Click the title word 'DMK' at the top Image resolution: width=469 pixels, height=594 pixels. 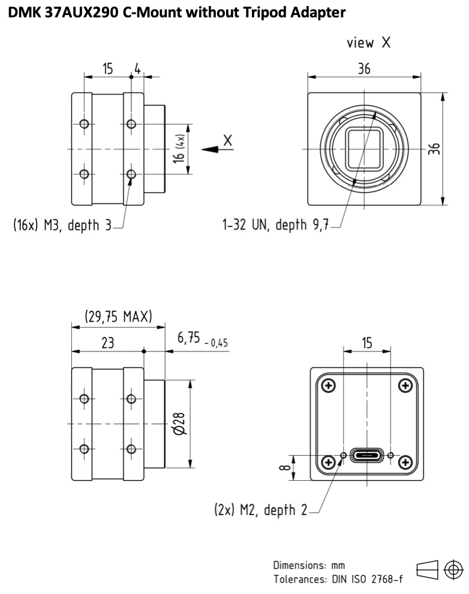pos(24,13)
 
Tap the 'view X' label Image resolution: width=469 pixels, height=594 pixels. pos(368,43)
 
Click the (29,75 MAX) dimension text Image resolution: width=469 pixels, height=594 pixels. pos(118,316)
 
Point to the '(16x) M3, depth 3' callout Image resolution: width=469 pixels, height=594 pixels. pos(62,225)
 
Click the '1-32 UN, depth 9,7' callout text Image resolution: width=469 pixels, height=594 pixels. pos(275,225)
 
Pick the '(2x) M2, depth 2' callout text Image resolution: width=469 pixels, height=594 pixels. pos(261,510)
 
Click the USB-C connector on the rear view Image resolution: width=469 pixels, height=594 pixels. pos(366,455)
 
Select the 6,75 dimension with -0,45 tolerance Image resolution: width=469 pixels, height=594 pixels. pos(203,338)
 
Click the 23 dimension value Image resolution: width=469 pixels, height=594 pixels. pos(108,343)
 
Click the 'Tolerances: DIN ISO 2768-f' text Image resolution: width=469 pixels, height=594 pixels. pos(338,579)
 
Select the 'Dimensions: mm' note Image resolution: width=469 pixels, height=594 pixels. pos(309,565)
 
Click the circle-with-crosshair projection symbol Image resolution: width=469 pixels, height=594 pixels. pos(453,569)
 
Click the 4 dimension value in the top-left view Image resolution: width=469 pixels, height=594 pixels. pos(137,69)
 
